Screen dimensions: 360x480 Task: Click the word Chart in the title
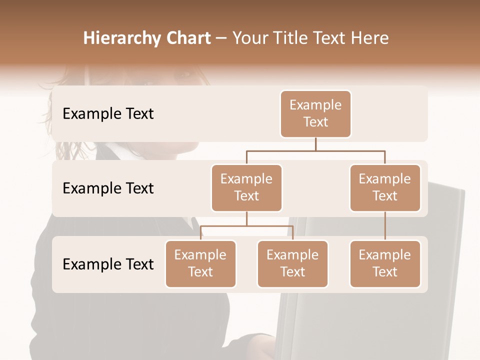click(x=188, y=38)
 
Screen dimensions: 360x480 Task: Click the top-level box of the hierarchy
click(x=315, y=114)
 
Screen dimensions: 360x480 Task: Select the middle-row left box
click(x=246, y=188)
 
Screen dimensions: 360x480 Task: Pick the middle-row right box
click(x=385, y=188)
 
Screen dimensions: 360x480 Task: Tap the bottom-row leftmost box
click(x=200, y=264)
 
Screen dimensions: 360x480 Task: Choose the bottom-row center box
click(x=292, y=264)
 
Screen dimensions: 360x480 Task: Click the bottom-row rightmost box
click(x=385, y=264)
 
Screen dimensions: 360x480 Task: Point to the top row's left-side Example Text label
click(x=108, y=114)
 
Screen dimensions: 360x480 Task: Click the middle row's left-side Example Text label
click(x=108, y=188)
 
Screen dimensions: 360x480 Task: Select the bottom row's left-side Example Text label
click(x=108, y=264)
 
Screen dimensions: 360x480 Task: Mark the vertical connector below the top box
click(x=315, y=144)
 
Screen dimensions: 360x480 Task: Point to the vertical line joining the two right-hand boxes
click(x=385, y=226)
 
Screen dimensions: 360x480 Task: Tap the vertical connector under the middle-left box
click(x=246, y=219)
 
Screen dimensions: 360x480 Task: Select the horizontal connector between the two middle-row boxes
click(x=315, y=150)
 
